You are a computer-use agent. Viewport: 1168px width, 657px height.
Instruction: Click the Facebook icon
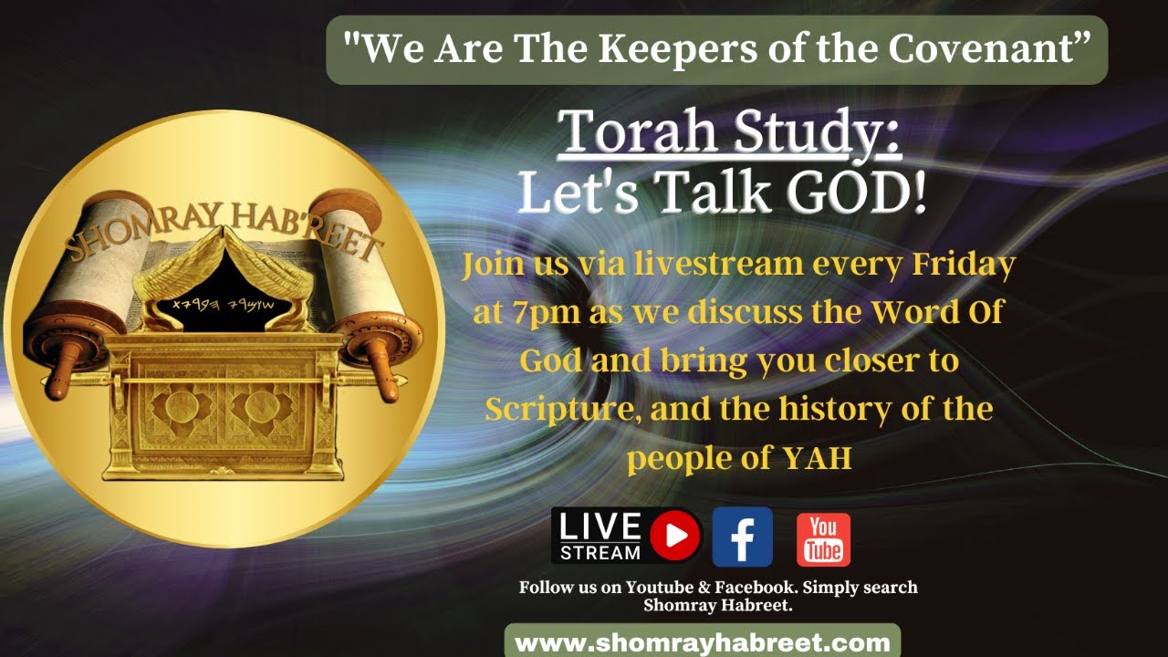click(742, 537)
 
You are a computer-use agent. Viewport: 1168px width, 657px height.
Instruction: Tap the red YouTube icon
click(823, 538)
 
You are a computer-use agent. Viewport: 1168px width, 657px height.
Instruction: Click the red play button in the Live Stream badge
click(675, 536)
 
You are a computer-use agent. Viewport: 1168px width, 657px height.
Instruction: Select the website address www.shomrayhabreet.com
click(703, 641)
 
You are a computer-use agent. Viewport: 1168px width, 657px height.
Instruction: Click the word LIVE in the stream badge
click(600, 527)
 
